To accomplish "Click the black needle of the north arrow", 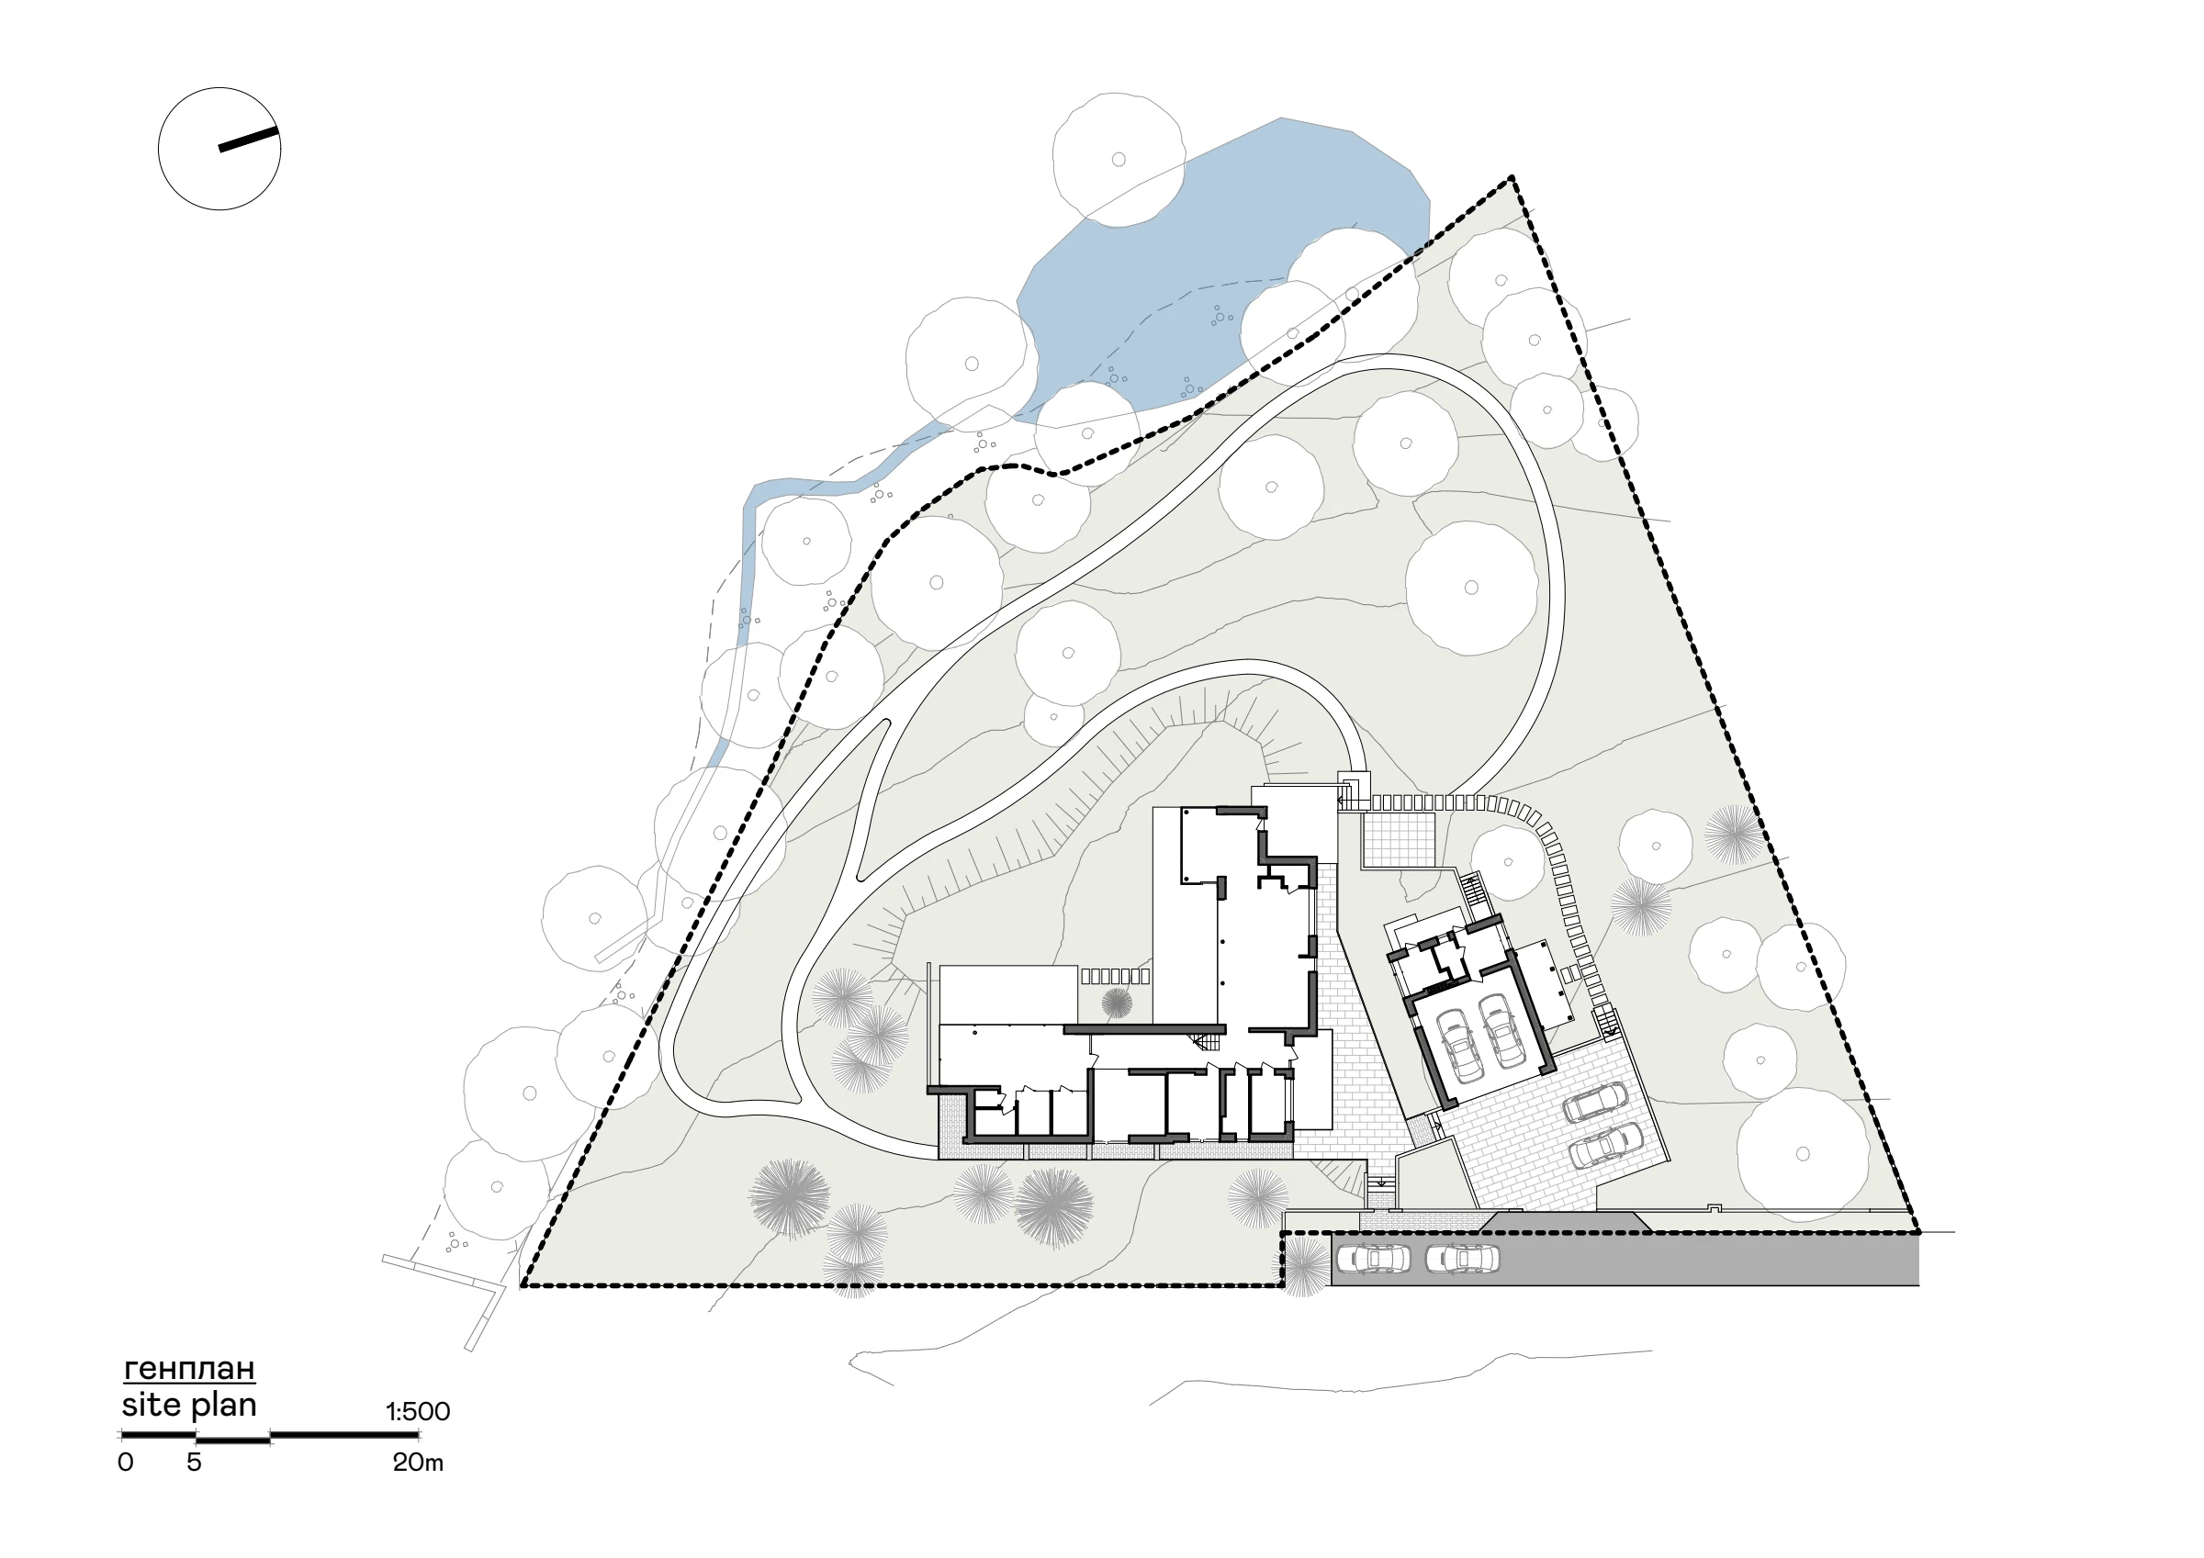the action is tap(249, 140).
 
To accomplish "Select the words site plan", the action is tap(189, 1405).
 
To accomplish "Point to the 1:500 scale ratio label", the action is tap(418, 1411).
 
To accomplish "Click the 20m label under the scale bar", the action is tap(418, 1462).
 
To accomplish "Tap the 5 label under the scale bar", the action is tap(194, 1462).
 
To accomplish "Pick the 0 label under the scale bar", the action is tap(126, 1462).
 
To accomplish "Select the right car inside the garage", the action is tap(1501, 1030).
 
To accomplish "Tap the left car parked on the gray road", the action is tap(1374, 1258).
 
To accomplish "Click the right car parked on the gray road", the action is tap(1462, 1258).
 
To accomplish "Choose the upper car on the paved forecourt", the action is tap(1595, 1102).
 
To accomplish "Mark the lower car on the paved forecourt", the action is tap(1604, 1145).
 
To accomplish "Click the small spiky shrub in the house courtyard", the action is tap(1117, 1003).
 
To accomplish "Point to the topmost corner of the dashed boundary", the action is tap(1512, 177).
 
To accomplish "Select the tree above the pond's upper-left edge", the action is tap(1119, 160).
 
